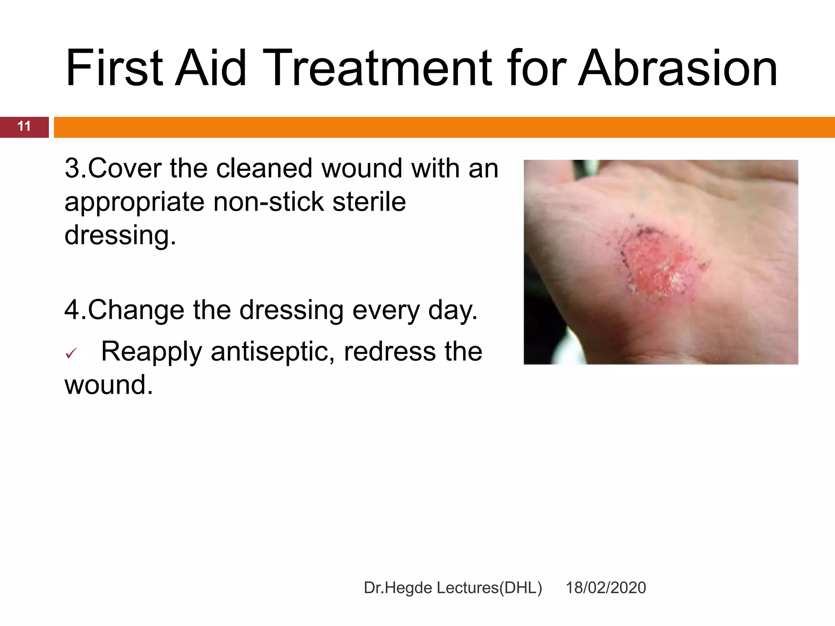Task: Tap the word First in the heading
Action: point(115,68)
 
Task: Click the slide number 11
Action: point(24,126)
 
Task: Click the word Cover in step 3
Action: point(125,168)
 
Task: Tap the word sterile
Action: point(369,202)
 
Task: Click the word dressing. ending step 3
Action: point(120,236)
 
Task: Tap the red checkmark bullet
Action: point(71,353)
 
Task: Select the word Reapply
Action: point(151,352)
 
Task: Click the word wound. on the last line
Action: point(108,385)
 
